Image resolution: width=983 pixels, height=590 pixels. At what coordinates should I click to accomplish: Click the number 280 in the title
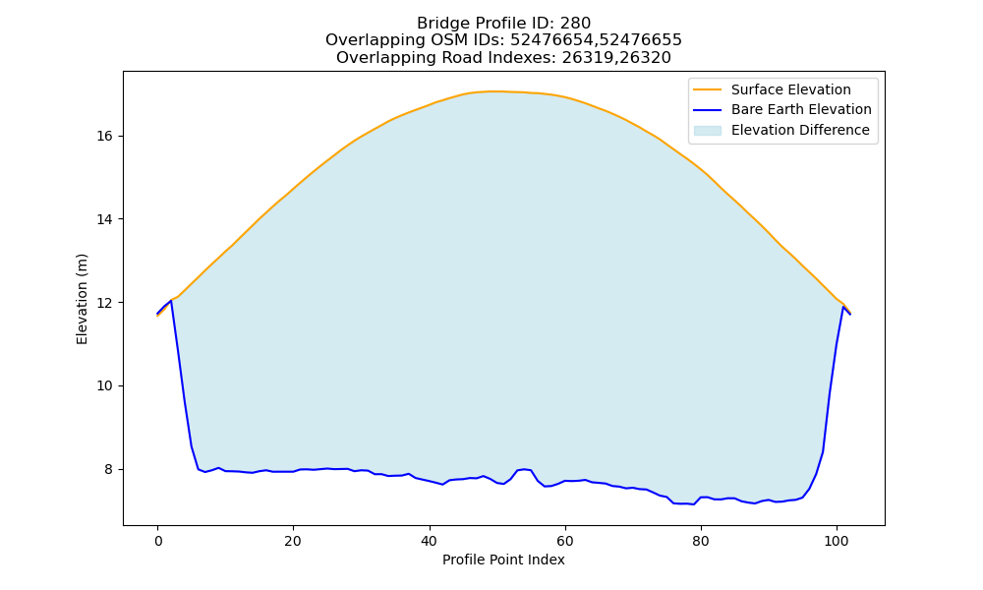575,24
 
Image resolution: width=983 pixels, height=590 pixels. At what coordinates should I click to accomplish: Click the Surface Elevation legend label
790,89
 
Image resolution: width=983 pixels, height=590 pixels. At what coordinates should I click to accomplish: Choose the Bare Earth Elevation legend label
801,110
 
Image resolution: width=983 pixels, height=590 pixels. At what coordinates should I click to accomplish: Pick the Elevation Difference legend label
800,130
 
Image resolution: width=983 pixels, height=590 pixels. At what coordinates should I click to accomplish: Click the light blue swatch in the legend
707,131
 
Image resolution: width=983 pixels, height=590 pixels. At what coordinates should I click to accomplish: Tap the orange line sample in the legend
707,89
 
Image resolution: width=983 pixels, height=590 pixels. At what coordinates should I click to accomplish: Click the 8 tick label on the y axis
109,470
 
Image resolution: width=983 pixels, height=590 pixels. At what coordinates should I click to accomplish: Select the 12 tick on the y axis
105,303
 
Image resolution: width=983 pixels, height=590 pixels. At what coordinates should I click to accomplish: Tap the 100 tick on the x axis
837,541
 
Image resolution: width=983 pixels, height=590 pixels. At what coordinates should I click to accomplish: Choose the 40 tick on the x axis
429,541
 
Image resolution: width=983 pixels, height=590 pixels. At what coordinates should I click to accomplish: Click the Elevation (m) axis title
82,299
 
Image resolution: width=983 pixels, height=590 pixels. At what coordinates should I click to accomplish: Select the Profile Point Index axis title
503,560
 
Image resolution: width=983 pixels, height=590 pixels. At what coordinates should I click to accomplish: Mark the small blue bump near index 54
524,469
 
